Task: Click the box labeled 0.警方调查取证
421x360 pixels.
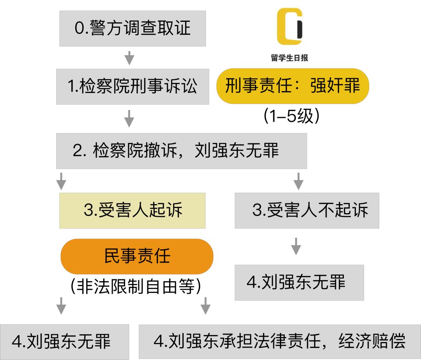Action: click(133, 28)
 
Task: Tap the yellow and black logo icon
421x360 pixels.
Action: click(290, 26)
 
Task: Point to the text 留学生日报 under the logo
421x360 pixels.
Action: click(290, 58)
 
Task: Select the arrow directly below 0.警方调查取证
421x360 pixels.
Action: click(129, 58)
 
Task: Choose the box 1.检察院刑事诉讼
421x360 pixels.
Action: click(133, 86)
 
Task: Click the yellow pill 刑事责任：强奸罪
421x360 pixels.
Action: click(292, 86)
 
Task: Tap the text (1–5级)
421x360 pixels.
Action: click(292, 116)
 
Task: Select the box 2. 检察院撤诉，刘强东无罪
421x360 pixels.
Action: click(181, 151)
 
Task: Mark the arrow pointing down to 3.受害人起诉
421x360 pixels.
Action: click(61, 181)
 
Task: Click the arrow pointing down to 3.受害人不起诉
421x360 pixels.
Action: click(298, 181)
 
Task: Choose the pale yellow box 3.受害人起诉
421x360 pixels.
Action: click(133, 210)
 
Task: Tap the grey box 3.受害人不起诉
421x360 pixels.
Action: click(307, 210)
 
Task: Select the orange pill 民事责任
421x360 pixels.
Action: click(137, 256)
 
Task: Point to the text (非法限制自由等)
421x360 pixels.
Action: click(136, 288)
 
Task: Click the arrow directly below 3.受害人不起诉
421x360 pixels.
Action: click(296, 246)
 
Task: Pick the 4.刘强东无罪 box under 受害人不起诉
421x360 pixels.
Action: click(299, 282)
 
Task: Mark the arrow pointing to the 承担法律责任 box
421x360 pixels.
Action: click(205, 305)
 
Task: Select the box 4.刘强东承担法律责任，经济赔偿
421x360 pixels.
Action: click(279, 341)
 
